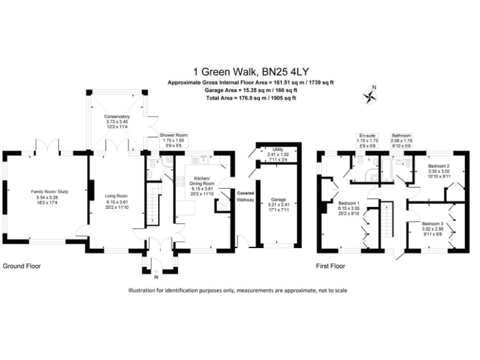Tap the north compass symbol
click(370, 96)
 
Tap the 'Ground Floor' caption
click(22, 266)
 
